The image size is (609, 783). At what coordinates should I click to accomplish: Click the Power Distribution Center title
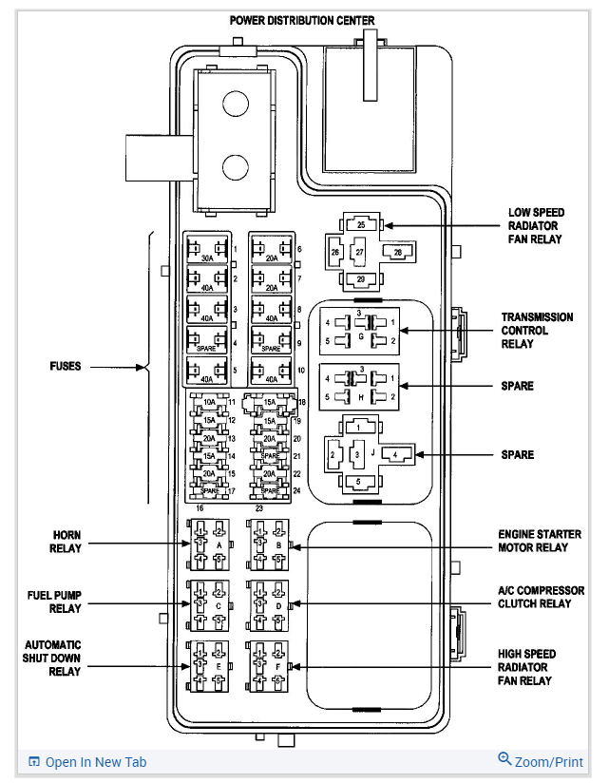[302, 20]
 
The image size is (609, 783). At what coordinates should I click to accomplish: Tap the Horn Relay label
[67, 541]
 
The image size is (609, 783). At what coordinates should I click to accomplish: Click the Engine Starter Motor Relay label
[539, 541]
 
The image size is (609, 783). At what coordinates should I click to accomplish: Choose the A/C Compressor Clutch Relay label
[535, 597]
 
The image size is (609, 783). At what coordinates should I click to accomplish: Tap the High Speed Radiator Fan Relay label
[527, 667]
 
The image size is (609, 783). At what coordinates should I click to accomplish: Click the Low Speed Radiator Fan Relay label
[534, 225]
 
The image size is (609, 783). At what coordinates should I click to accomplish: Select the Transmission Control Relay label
[537, 330]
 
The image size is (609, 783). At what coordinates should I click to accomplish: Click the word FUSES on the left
[67, 367]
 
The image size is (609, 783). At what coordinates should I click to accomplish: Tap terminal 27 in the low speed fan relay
[360, 253]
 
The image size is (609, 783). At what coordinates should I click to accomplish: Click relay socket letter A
[219, 545]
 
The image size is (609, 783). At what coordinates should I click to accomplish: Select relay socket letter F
[277, 668]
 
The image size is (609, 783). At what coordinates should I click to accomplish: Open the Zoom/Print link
[541, 761]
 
